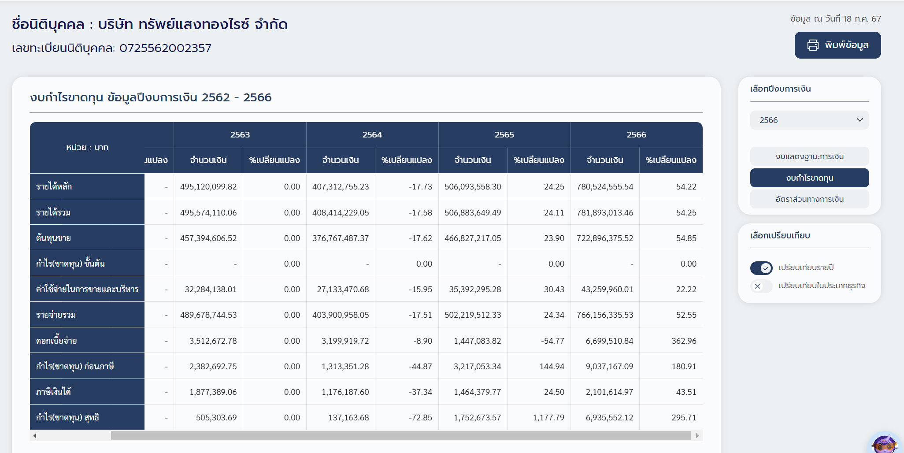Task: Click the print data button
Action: point(837,45)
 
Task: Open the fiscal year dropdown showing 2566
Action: point(809,120)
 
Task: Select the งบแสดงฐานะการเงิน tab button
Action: point(809,156)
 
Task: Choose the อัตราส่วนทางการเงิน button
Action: point(809,199)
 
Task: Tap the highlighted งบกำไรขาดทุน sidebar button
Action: point(809,178)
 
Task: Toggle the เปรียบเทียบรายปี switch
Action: point(761,267)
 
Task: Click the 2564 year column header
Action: point(372,135)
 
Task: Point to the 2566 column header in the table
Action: point(636,135)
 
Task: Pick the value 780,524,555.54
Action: point(605,187)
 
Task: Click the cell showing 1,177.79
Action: point(548,418)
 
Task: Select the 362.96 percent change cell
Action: point(684,341)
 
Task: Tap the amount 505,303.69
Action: point(216,418)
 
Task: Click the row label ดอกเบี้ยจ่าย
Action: point(56,341)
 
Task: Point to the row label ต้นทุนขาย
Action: point(53,238)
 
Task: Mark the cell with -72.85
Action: point(421,418)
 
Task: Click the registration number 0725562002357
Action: point(165,48)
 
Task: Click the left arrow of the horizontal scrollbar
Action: point(35,436)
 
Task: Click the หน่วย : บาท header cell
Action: point(87,148)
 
